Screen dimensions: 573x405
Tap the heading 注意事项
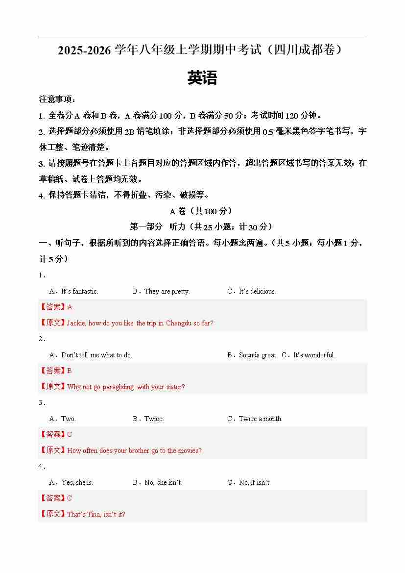click(x=57, y=100)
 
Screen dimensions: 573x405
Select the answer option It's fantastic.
click(x=79, y=291)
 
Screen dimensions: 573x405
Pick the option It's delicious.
click(x=257, y=291)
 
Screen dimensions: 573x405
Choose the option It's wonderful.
click(x=313, y=355)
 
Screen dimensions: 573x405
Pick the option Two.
click(x=68, y=419)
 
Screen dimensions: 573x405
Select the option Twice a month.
click(x=261, y=419)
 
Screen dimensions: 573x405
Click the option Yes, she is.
click(x=77, y=482)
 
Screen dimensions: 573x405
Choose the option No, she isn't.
click(x=163, y=482)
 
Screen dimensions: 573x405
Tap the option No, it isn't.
click(x=255, y=482)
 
